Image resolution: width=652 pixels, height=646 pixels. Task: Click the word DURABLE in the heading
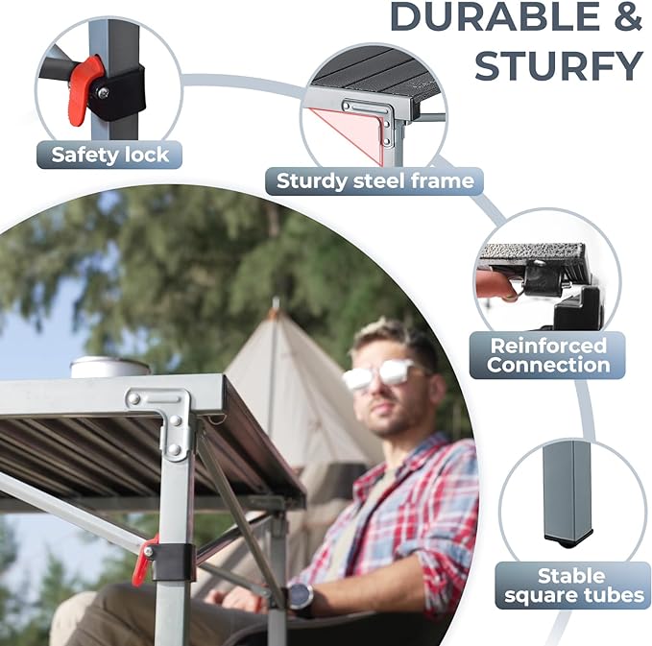(495, 16)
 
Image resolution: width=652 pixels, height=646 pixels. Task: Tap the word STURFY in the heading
(559, 66)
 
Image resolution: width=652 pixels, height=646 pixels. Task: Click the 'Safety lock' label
(109, 155)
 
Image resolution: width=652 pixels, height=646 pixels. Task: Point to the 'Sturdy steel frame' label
(374, 181)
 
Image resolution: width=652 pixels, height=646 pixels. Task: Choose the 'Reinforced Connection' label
(547, 355)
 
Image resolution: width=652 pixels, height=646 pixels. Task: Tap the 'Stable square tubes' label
(574, 586)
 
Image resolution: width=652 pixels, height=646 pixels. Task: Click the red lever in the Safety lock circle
(84, 89)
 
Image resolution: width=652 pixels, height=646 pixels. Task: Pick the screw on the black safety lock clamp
(101, 91)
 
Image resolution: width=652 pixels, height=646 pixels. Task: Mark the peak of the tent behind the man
(275, 300)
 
